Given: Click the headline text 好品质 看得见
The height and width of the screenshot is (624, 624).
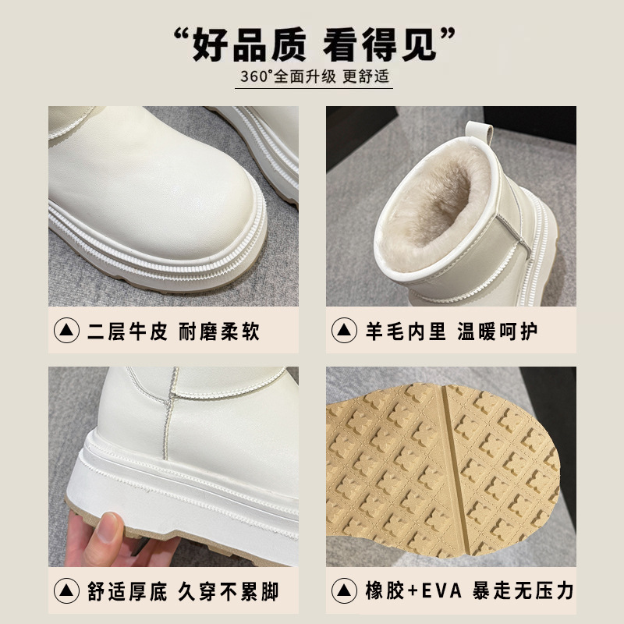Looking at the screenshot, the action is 314,44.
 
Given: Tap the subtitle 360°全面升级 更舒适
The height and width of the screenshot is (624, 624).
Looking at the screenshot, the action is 314,76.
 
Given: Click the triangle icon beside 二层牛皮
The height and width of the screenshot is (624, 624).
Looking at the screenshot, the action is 66,330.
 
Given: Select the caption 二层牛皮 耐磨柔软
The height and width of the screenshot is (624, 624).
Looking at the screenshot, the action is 173,331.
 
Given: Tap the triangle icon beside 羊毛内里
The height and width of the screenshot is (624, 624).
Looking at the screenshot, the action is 344,330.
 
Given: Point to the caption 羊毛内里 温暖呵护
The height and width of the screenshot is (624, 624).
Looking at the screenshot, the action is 452,331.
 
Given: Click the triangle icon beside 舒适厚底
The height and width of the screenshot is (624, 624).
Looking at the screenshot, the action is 66,591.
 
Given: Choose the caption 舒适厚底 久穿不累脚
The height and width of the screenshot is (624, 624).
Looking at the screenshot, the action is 183,591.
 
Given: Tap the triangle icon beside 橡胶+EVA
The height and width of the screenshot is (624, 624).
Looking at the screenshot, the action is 344,591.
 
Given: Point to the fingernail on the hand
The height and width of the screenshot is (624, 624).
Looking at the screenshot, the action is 108,527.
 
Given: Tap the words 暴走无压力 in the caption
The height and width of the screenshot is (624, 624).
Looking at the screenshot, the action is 523,591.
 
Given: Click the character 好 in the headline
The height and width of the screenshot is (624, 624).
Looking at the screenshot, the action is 211,44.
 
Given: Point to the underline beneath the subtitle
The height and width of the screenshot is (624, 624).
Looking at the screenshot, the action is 314,88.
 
